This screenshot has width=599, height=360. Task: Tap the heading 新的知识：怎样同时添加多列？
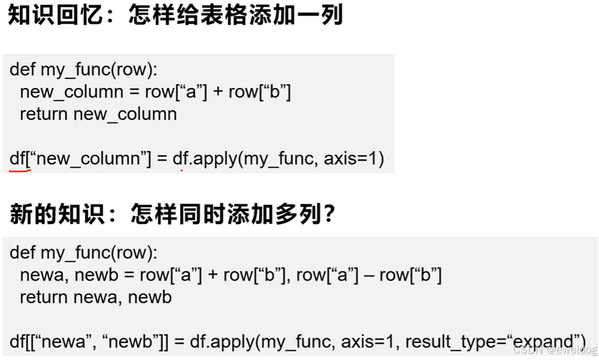(x=172, y=214)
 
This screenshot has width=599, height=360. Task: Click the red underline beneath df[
(x=20, y=169)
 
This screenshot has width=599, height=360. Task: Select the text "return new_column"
(x=98, y=114)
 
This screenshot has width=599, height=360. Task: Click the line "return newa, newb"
(x=95, y=297)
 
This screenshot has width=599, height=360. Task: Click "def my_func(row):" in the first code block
(x=83, y=69)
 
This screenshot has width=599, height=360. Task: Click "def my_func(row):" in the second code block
(x=83, y=253)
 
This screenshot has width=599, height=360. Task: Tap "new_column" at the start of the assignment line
(x=71, y=92)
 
